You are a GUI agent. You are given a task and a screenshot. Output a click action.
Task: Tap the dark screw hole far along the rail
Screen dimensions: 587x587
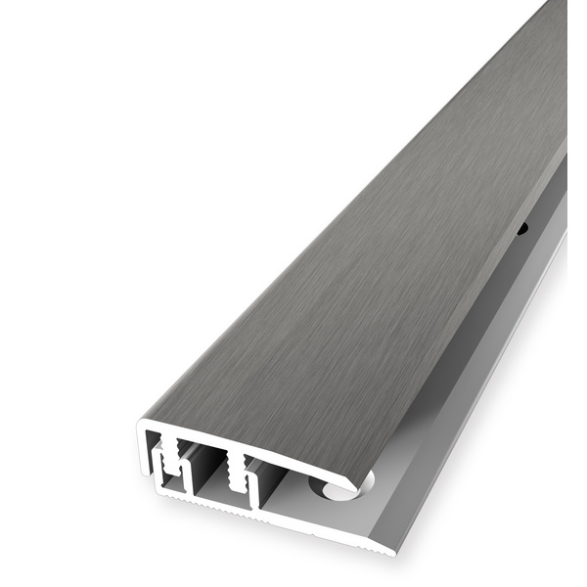point(521,231)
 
